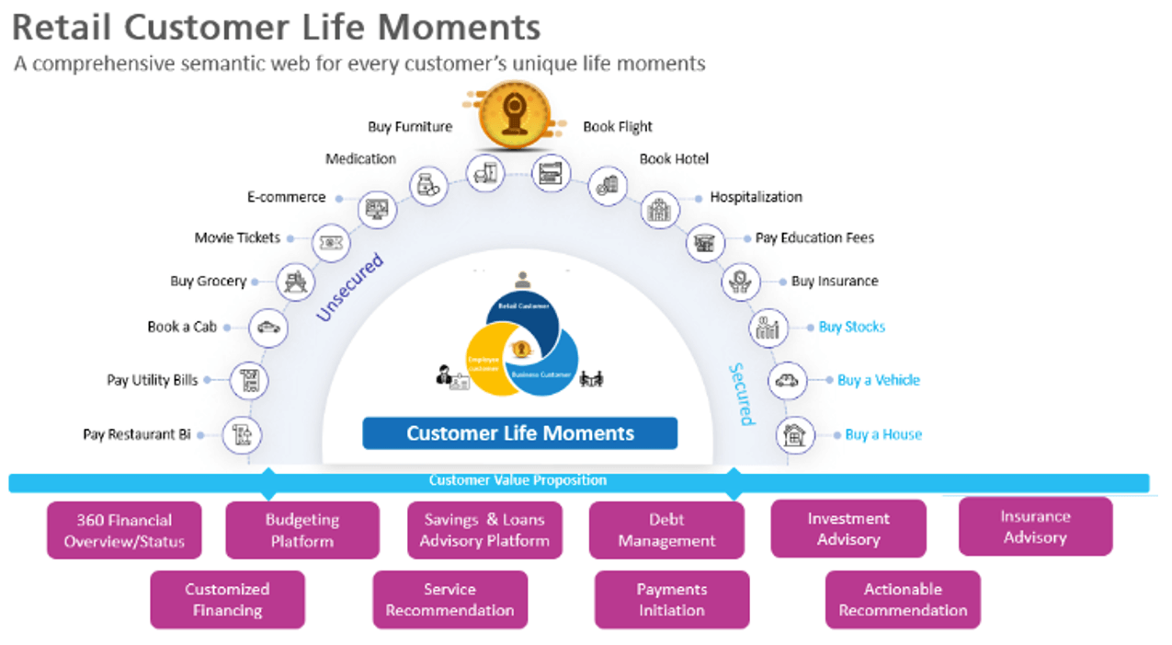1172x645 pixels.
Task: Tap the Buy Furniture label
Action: tap(410, 127)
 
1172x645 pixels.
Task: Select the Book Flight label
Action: tap(618, 127)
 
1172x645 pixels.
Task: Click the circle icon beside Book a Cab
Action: tap(268, 328)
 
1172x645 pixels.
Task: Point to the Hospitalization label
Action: tap(756, 197)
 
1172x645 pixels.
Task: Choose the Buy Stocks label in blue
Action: tap(851, 327)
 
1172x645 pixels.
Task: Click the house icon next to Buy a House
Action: tap(794, 435)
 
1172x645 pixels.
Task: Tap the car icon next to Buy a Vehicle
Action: tap(787, 380)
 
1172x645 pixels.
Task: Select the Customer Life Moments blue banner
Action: tap(520, 433)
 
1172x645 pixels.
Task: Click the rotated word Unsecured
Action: tap(349, 288)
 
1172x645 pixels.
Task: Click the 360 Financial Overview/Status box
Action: tap(124, 530)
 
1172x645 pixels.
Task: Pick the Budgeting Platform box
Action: tap(302, 530)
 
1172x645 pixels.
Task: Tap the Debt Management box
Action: tap(666, 530)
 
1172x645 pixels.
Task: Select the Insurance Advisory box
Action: tap(1035, 526)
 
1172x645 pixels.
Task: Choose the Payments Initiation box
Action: tap(672, 599)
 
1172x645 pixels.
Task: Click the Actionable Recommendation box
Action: tap(903, 599)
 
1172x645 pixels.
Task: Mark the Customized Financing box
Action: tap(227, 599)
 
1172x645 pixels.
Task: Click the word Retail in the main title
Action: tap(63, 28)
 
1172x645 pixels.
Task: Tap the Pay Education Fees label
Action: tap(814, 237)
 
